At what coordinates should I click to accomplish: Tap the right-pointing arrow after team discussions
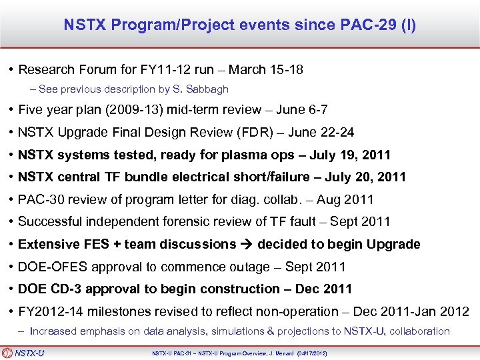[x=247, y=244]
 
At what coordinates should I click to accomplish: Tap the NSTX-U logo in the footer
[x=24, y=353]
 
